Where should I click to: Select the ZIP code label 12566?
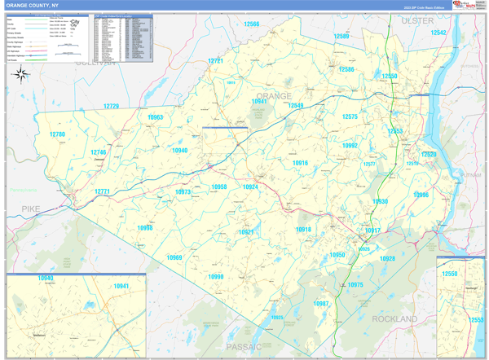point(251,24)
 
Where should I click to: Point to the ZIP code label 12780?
point(57,134)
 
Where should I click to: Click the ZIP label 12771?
point(102,191)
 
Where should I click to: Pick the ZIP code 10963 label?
point(156,117)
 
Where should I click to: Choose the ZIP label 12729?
point(111,107)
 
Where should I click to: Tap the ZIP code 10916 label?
point(300,163)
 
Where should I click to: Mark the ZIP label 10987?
point(321,303)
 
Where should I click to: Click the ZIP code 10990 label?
point(215,277)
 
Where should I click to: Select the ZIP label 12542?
point(439,33)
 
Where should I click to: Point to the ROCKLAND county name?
point(394,319)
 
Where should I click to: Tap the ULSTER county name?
point(417,20)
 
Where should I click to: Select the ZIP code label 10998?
point(145,228)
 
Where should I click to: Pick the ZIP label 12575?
point(350,116)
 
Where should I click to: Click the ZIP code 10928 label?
point(387,258)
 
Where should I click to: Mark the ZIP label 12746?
point(99,152)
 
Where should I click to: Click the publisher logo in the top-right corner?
point(464,6)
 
